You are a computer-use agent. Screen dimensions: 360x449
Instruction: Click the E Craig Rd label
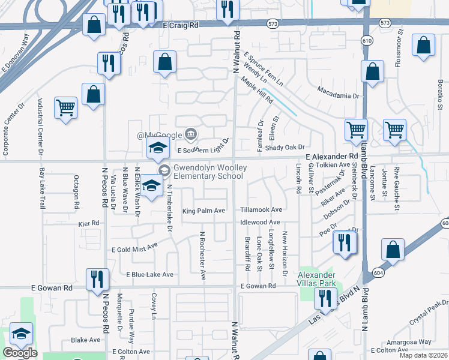(180, 26)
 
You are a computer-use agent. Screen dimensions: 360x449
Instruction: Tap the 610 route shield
(366, 40)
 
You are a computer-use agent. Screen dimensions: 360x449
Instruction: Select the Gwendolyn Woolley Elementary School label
(208, 172)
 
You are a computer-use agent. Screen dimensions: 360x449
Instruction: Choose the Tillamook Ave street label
(261, 210)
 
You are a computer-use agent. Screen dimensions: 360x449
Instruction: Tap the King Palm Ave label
(203, 211)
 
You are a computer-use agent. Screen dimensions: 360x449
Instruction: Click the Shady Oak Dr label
(285, 147)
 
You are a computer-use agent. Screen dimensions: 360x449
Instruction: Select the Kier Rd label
(89, 223)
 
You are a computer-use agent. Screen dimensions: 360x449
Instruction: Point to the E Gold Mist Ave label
(134, 247)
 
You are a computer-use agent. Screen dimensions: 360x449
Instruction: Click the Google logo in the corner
(20, 353)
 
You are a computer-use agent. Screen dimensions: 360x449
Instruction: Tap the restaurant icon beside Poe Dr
(345, 242)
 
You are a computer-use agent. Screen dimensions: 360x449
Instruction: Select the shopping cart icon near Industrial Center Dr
(65, 108)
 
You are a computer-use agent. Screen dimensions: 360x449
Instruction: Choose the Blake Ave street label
(86, 340)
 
